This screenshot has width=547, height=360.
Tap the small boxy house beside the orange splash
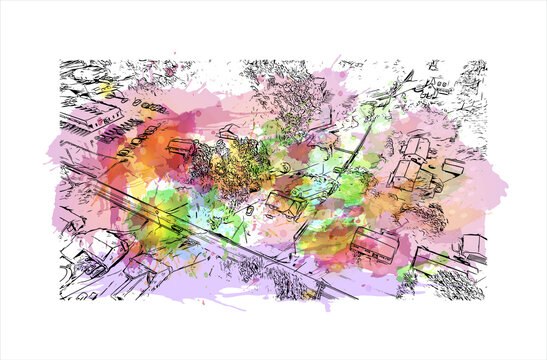(181, 148)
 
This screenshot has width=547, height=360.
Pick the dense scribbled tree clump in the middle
(235, 165)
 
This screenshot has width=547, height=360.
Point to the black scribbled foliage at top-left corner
(85, 75)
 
